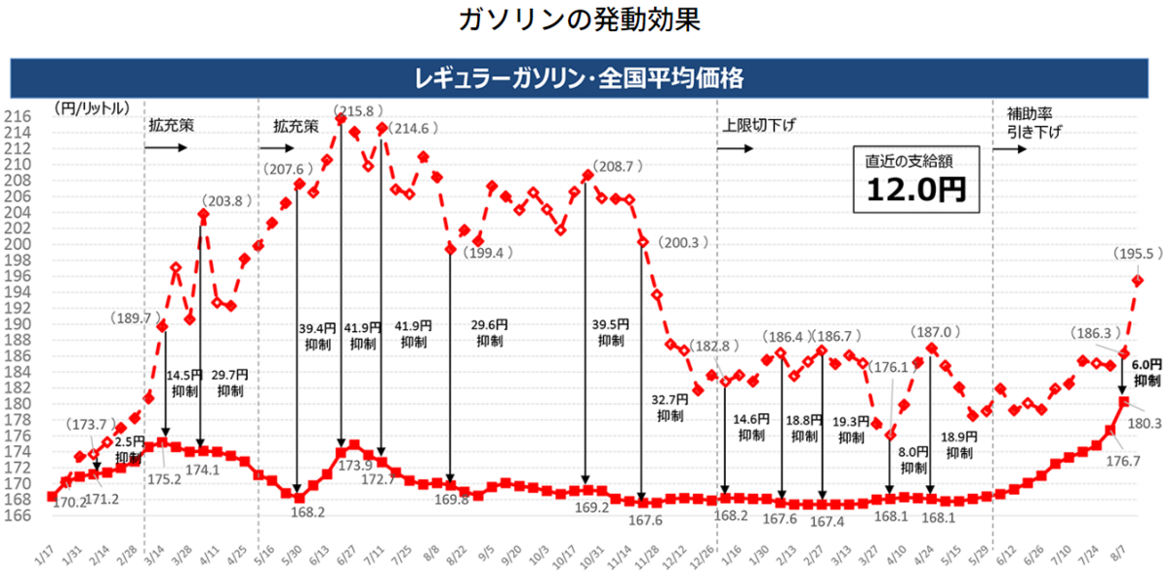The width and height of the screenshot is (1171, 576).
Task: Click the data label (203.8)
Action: coord(227,201)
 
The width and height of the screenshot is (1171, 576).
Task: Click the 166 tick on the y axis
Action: coord(19,516)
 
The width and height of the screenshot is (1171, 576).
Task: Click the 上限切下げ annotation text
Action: coord(759,126)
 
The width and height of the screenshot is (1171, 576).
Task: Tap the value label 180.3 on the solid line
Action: coord(1144,424)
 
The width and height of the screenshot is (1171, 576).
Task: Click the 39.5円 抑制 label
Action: coord(611,333)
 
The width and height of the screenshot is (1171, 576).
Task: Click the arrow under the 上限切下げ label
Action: coord(736,148)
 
